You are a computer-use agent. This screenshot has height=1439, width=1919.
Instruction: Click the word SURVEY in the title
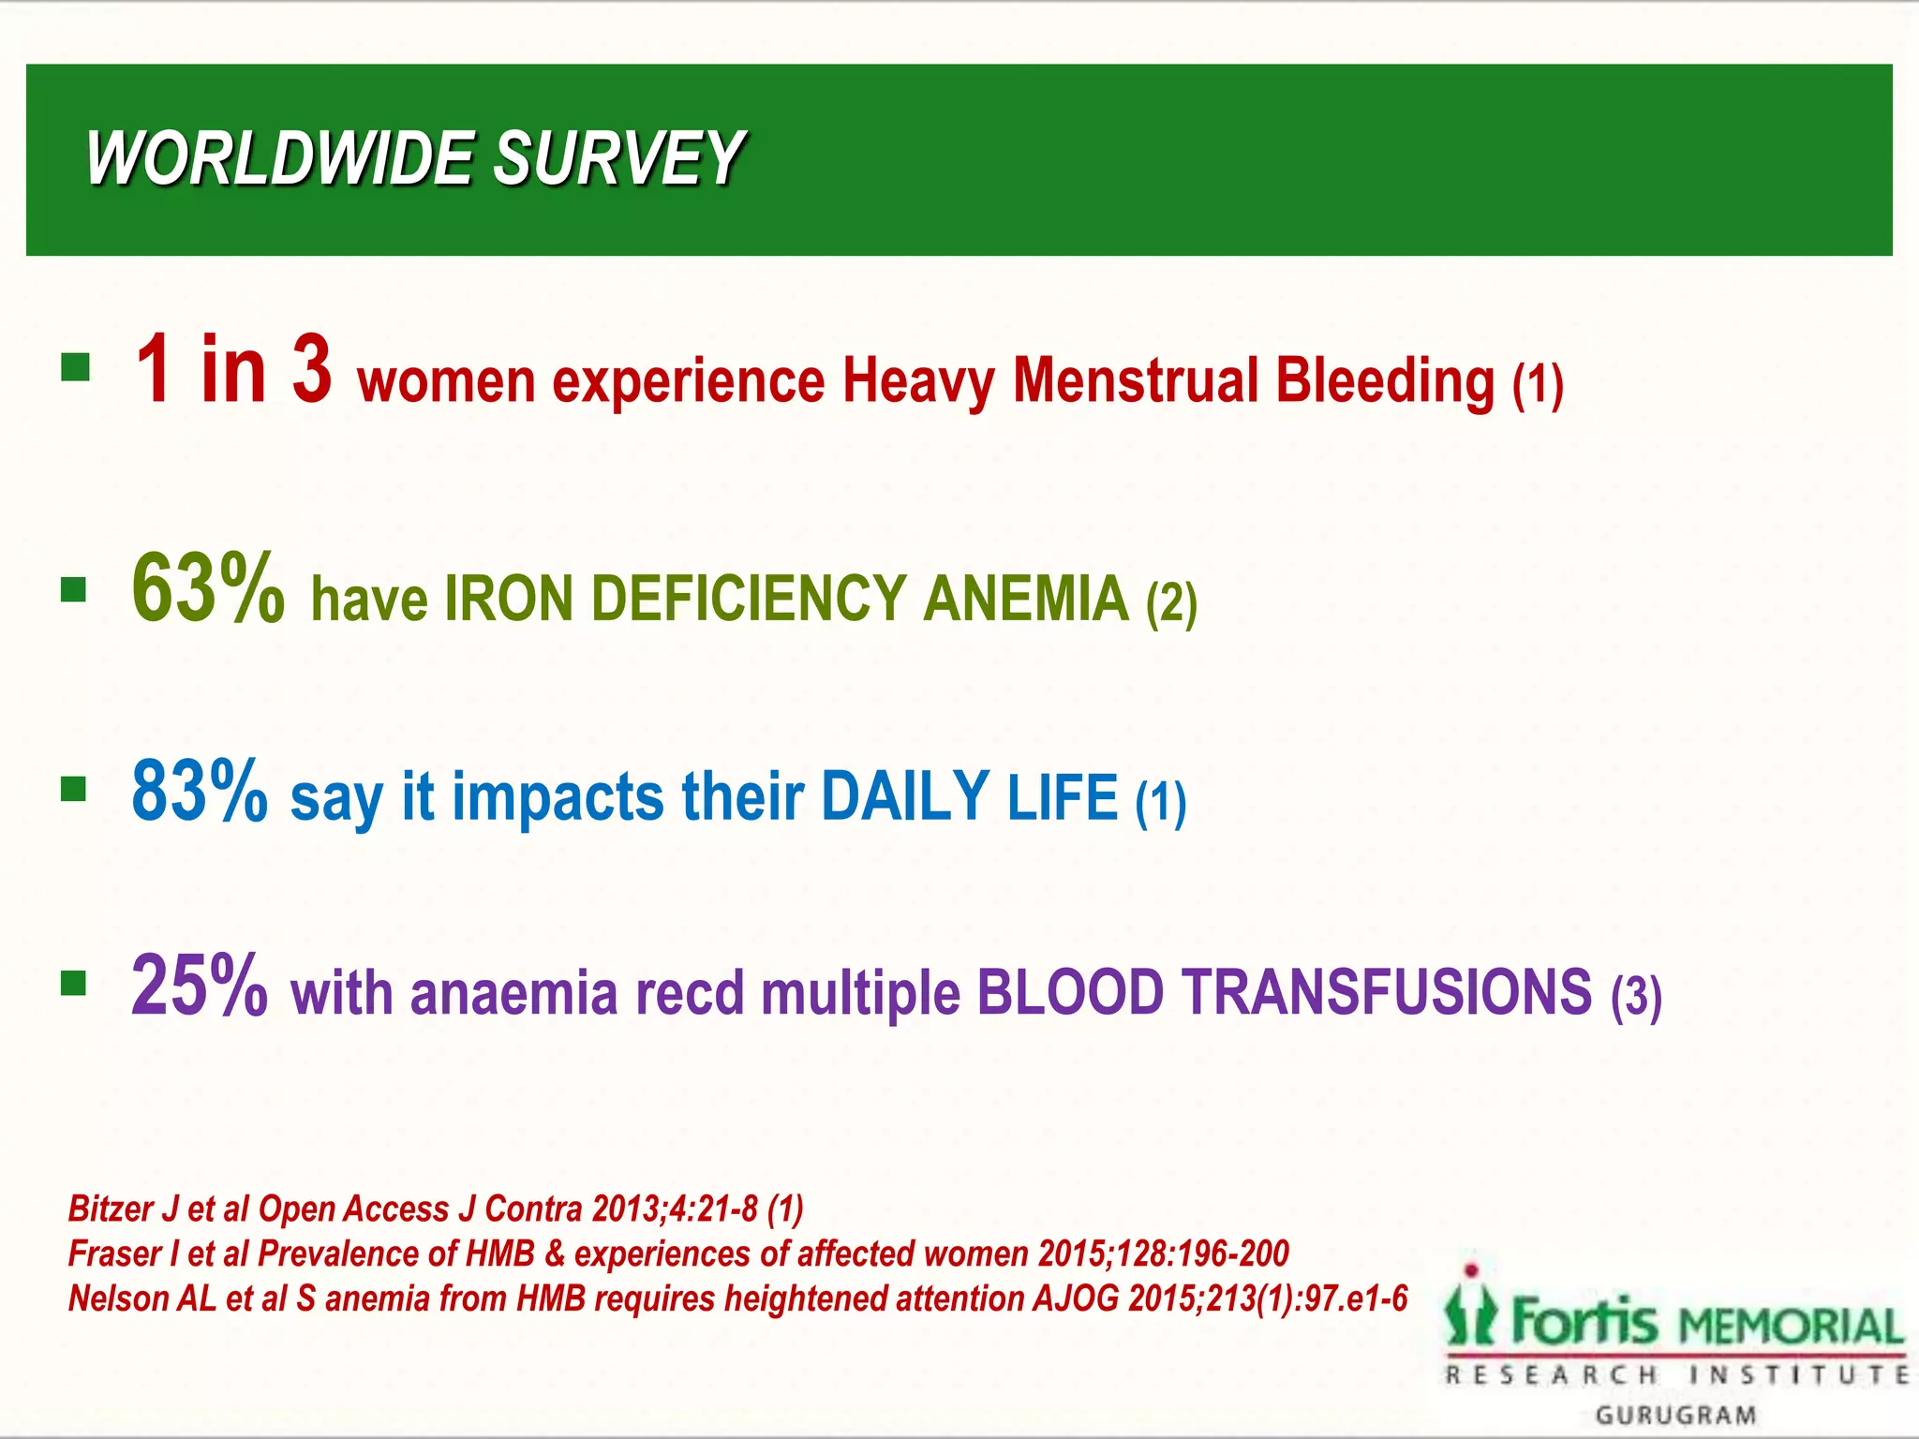(x=618, y=159)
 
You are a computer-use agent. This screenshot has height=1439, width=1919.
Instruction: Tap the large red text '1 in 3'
(x=233, y=371)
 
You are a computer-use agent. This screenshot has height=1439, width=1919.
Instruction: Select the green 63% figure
(x=208, y=589)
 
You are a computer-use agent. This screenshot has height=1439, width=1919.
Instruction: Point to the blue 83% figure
(x=200, y=792)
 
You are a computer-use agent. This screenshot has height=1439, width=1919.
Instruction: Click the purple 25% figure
(x=200, y=986)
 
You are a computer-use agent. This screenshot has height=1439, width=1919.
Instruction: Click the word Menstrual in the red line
(x=1134, y=380)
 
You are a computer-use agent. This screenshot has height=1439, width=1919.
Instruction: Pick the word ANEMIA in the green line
(x=1026, y=600)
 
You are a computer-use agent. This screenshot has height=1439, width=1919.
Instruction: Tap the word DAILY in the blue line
(x=904, y=796)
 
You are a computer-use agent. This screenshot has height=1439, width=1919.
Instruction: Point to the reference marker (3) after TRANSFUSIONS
(x=1636, y=997)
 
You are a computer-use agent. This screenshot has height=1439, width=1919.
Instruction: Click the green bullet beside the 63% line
(x=73, y=590)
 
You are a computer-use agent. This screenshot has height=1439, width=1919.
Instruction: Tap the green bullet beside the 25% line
(x=73, y=984)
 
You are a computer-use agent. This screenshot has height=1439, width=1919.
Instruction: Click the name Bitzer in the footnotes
(x=112, y=1209)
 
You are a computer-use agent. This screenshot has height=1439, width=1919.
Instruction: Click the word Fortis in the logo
(x=1584, y=1322)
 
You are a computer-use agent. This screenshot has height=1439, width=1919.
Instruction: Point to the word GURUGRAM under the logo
(x=1675, y=1415)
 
